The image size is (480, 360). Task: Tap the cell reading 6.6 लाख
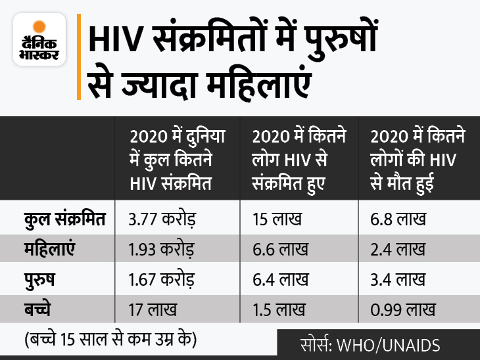pyautogui.click(x=279, y=250)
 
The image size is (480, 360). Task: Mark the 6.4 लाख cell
pyautogui.click(x=279, y=278)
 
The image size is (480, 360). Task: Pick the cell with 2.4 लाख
pyautogui.click(x=398, y=250)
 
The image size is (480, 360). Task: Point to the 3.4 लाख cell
pyautogui.click(x=398, y=278)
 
